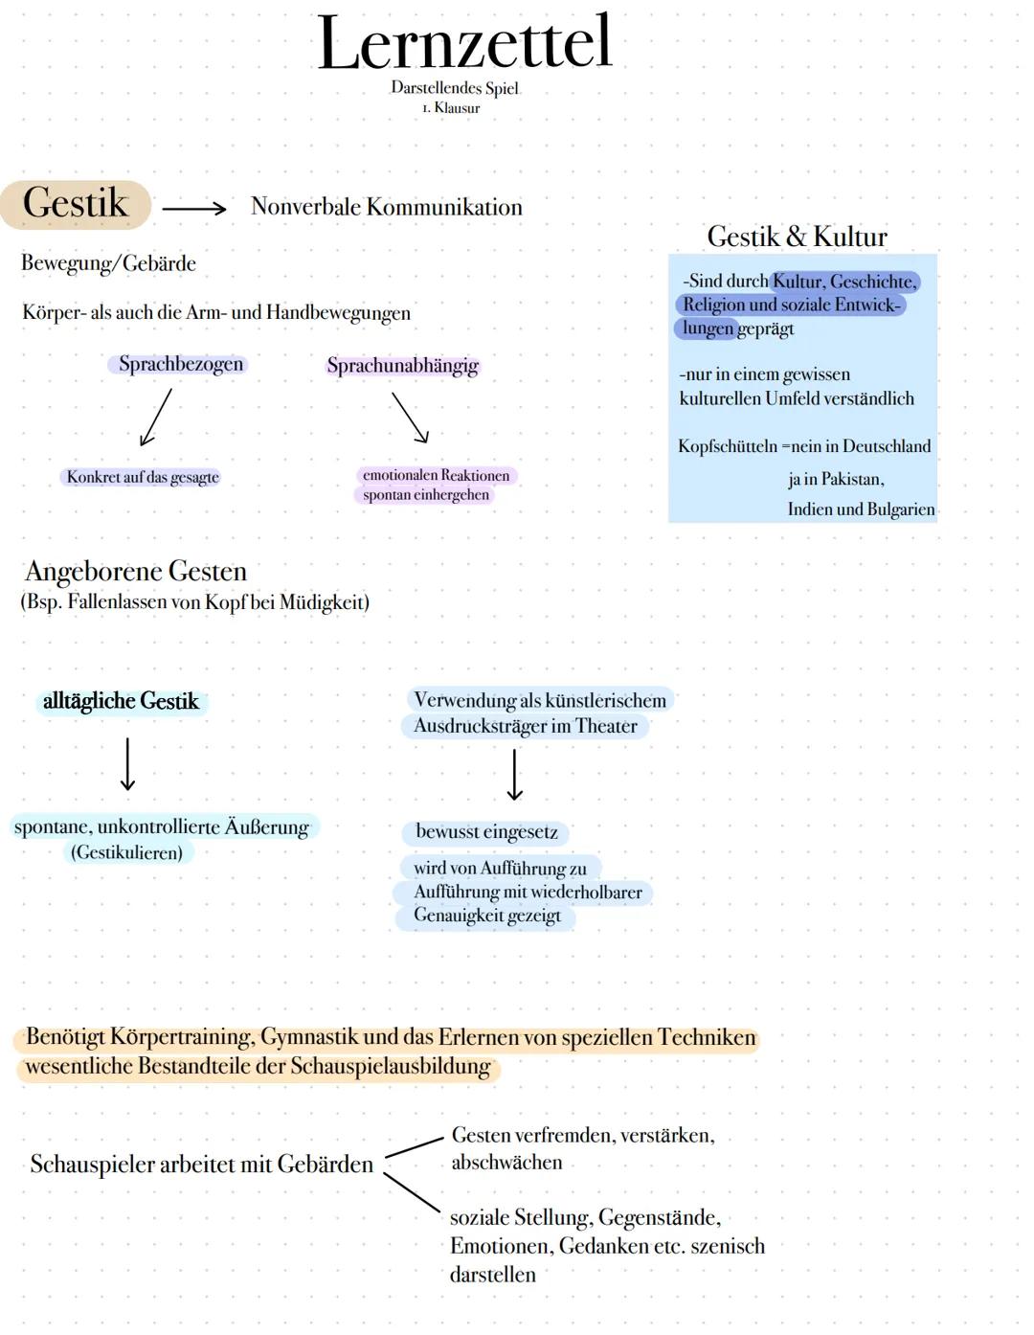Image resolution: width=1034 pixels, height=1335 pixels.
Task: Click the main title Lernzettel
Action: tap(464, 43)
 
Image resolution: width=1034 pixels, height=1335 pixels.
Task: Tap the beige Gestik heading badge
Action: tap(76, 204)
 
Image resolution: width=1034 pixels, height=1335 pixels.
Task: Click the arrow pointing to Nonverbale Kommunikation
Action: tap(193, 208)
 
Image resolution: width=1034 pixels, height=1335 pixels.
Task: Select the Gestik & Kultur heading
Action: tap(797, 237)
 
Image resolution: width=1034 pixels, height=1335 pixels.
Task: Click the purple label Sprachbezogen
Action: tap(181, 364)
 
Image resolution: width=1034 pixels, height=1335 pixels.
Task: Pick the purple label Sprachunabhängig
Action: tap(402, 366)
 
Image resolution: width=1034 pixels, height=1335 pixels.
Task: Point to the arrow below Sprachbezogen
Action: tap(156, 417)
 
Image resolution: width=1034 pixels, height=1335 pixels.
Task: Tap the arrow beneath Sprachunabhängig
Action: tap(410, 418)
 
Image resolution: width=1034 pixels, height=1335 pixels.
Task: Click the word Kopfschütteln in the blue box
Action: tap(727, 446)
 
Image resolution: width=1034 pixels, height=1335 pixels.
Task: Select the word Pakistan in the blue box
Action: tap(852, 479)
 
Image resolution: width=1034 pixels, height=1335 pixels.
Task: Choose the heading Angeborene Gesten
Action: tap(136, 572)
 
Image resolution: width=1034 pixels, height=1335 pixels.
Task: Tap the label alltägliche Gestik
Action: tap(121, 701)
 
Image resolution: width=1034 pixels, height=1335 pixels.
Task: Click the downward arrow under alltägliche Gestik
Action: tap(127, 763)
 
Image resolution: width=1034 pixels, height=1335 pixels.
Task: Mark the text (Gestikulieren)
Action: tap(126, 852)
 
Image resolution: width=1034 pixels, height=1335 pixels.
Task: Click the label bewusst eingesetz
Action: tap(486, 832)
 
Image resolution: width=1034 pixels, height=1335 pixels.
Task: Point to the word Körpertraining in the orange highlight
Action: tap(181, 1037)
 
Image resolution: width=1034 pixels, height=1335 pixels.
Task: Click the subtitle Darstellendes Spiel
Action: tap(455, 88)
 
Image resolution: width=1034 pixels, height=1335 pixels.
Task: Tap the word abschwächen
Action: tap(506, 1163)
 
